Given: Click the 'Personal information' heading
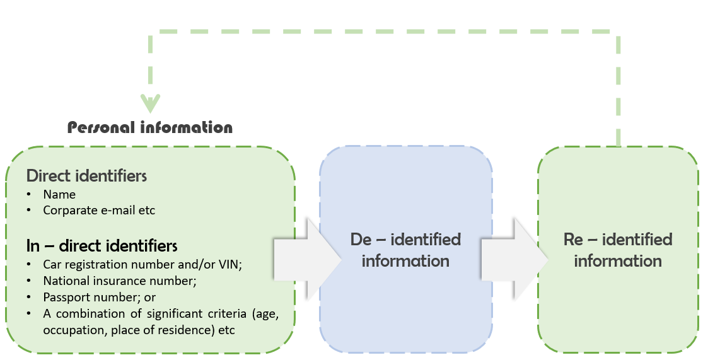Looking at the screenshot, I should pos(150,127).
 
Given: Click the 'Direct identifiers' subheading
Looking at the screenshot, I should pos(86,176).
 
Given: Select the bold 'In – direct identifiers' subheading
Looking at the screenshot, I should pos(102,245).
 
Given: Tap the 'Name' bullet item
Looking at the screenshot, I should pos(59,195).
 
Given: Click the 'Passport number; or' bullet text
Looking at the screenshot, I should pos(99,297).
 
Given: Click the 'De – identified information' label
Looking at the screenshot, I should pos(405,250).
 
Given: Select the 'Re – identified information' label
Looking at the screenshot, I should pos(617,250).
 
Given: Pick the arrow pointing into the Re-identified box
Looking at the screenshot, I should pos(513,259).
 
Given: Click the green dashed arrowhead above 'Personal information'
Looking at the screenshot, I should pos(150,103).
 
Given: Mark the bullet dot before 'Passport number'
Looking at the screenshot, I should pos(30,297).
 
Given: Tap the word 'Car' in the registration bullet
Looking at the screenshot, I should pos(52,264).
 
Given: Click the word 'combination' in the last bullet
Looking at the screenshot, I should pos(84,313).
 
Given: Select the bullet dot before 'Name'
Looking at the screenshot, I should pos(30,195).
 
